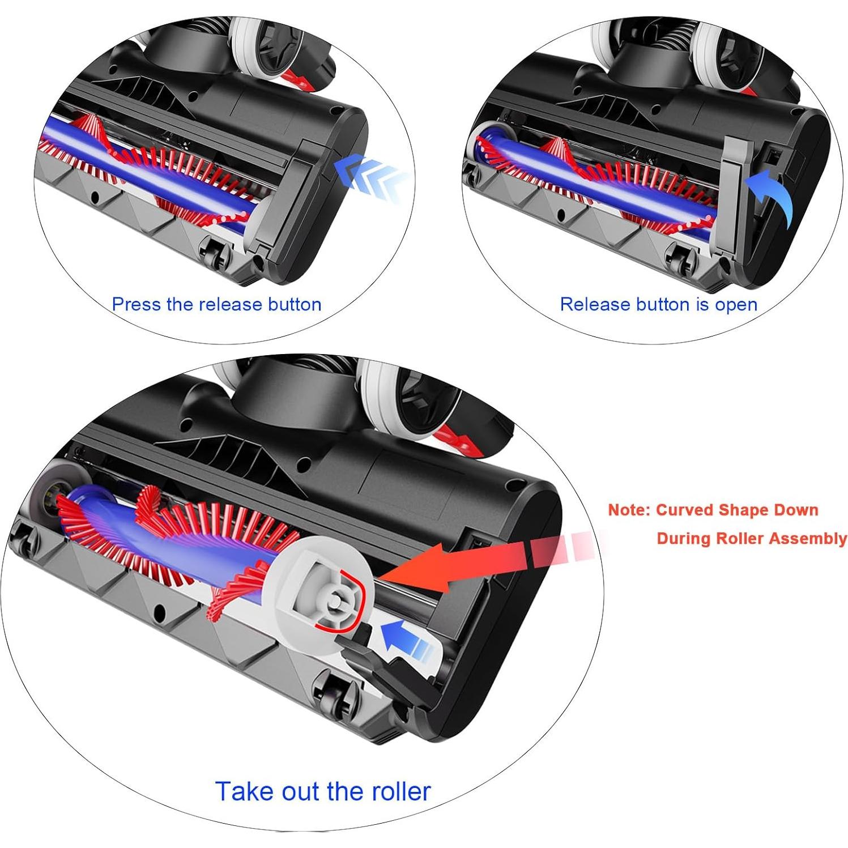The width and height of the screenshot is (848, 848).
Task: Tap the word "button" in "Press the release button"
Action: [x=295, y=304]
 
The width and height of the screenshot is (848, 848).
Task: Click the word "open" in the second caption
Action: [x=736, y=304]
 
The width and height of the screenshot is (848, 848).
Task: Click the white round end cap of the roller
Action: [x=329, y=600]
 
